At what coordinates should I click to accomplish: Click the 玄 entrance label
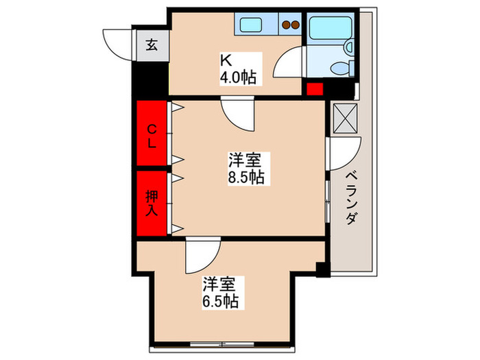[x=152, y=47]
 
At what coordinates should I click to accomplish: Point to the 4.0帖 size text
[x=238, y=76]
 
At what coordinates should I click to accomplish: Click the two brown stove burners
[x=291, y=26]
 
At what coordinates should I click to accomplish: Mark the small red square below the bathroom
[x=314, y=88]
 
